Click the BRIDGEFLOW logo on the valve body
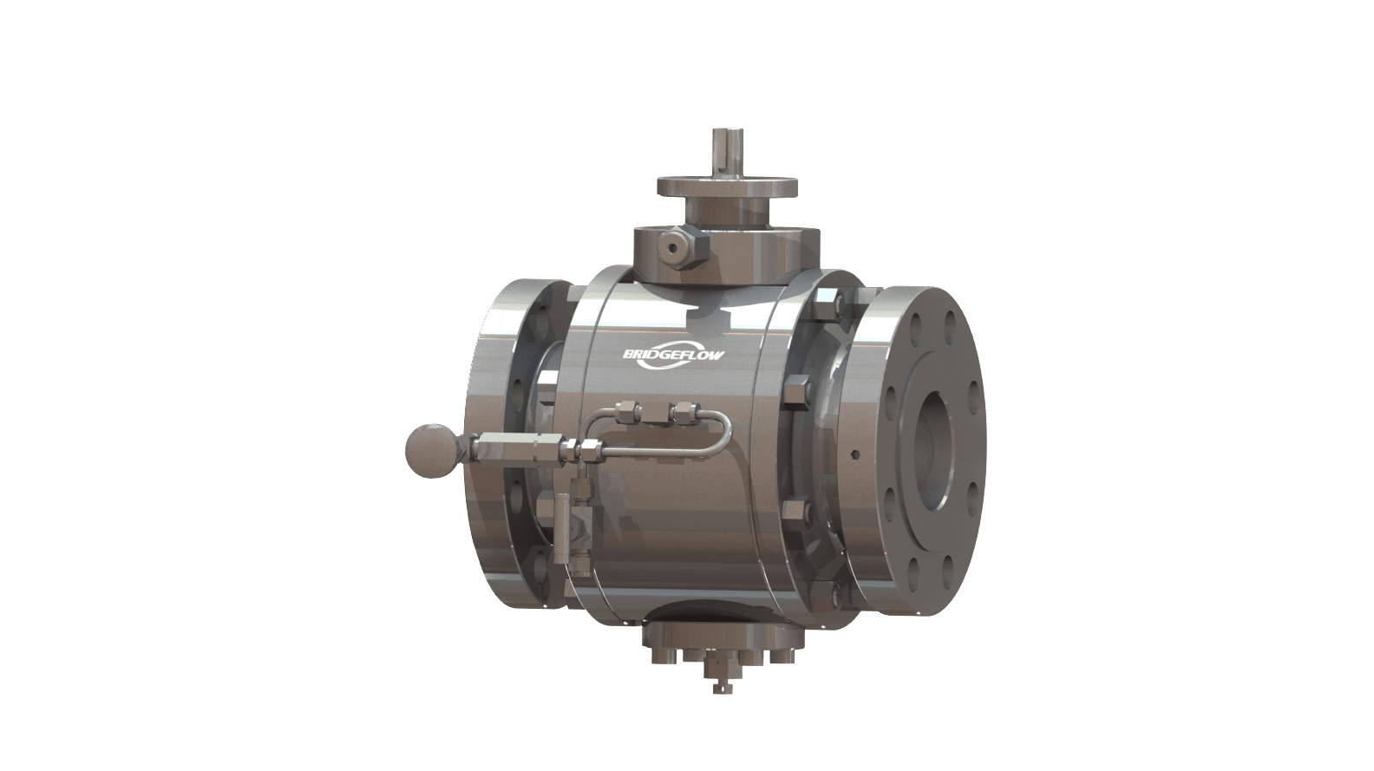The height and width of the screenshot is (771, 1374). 673,355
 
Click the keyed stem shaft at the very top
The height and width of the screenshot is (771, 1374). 727,152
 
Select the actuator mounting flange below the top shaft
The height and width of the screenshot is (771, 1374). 727,186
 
